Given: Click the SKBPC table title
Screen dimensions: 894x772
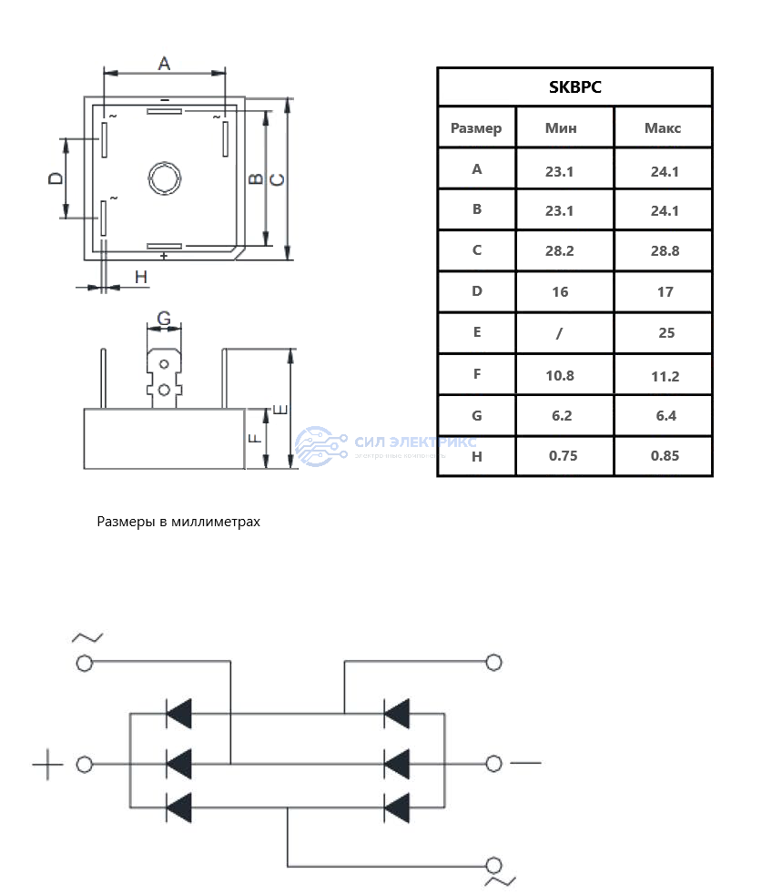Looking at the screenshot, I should (574, 87).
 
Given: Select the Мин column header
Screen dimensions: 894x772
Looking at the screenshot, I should (560, 127).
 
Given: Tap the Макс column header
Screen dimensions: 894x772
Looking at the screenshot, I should (663, 127).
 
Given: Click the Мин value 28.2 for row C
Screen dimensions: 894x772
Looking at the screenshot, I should (560, 251).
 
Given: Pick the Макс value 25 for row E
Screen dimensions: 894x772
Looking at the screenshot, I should (666, 333).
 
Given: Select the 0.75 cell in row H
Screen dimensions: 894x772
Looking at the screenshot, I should (564, 456).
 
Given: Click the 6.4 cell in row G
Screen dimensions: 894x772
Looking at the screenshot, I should (665, 416).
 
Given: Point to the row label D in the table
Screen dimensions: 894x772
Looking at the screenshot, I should (476, 291).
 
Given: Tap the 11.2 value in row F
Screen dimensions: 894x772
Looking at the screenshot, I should (665, 376).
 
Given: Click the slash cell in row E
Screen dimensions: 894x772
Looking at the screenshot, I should (560, 333).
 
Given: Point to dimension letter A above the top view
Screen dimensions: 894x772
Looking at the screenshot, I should (164, 63).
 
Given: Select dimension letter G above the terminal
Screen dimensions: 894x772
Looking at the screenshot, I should (164, 319).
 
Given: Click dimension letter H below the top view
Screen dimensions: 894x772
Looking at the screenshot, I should (140, 277).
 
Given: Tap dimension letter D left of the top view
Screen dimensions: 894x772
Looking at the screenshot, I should (56, 178).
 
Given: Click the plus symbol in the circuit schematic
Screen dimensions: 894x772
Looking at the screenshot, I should (47, 765).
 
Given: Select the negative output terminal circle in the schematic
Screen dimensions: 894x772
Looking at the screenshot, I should (494, 764).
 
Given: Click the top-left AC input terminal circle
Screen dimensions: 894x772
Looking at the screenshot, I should (85, 664).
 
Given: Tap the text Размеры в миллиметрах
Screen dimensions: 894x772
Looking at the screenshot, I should (178, 522).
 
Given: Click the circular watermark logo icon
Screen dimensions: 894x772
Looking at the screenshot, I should (317, 447).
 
